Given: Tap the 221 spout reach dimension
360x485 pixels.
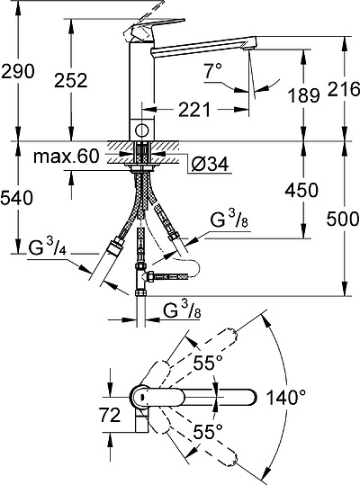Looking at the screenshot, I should tap(192, 110).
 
